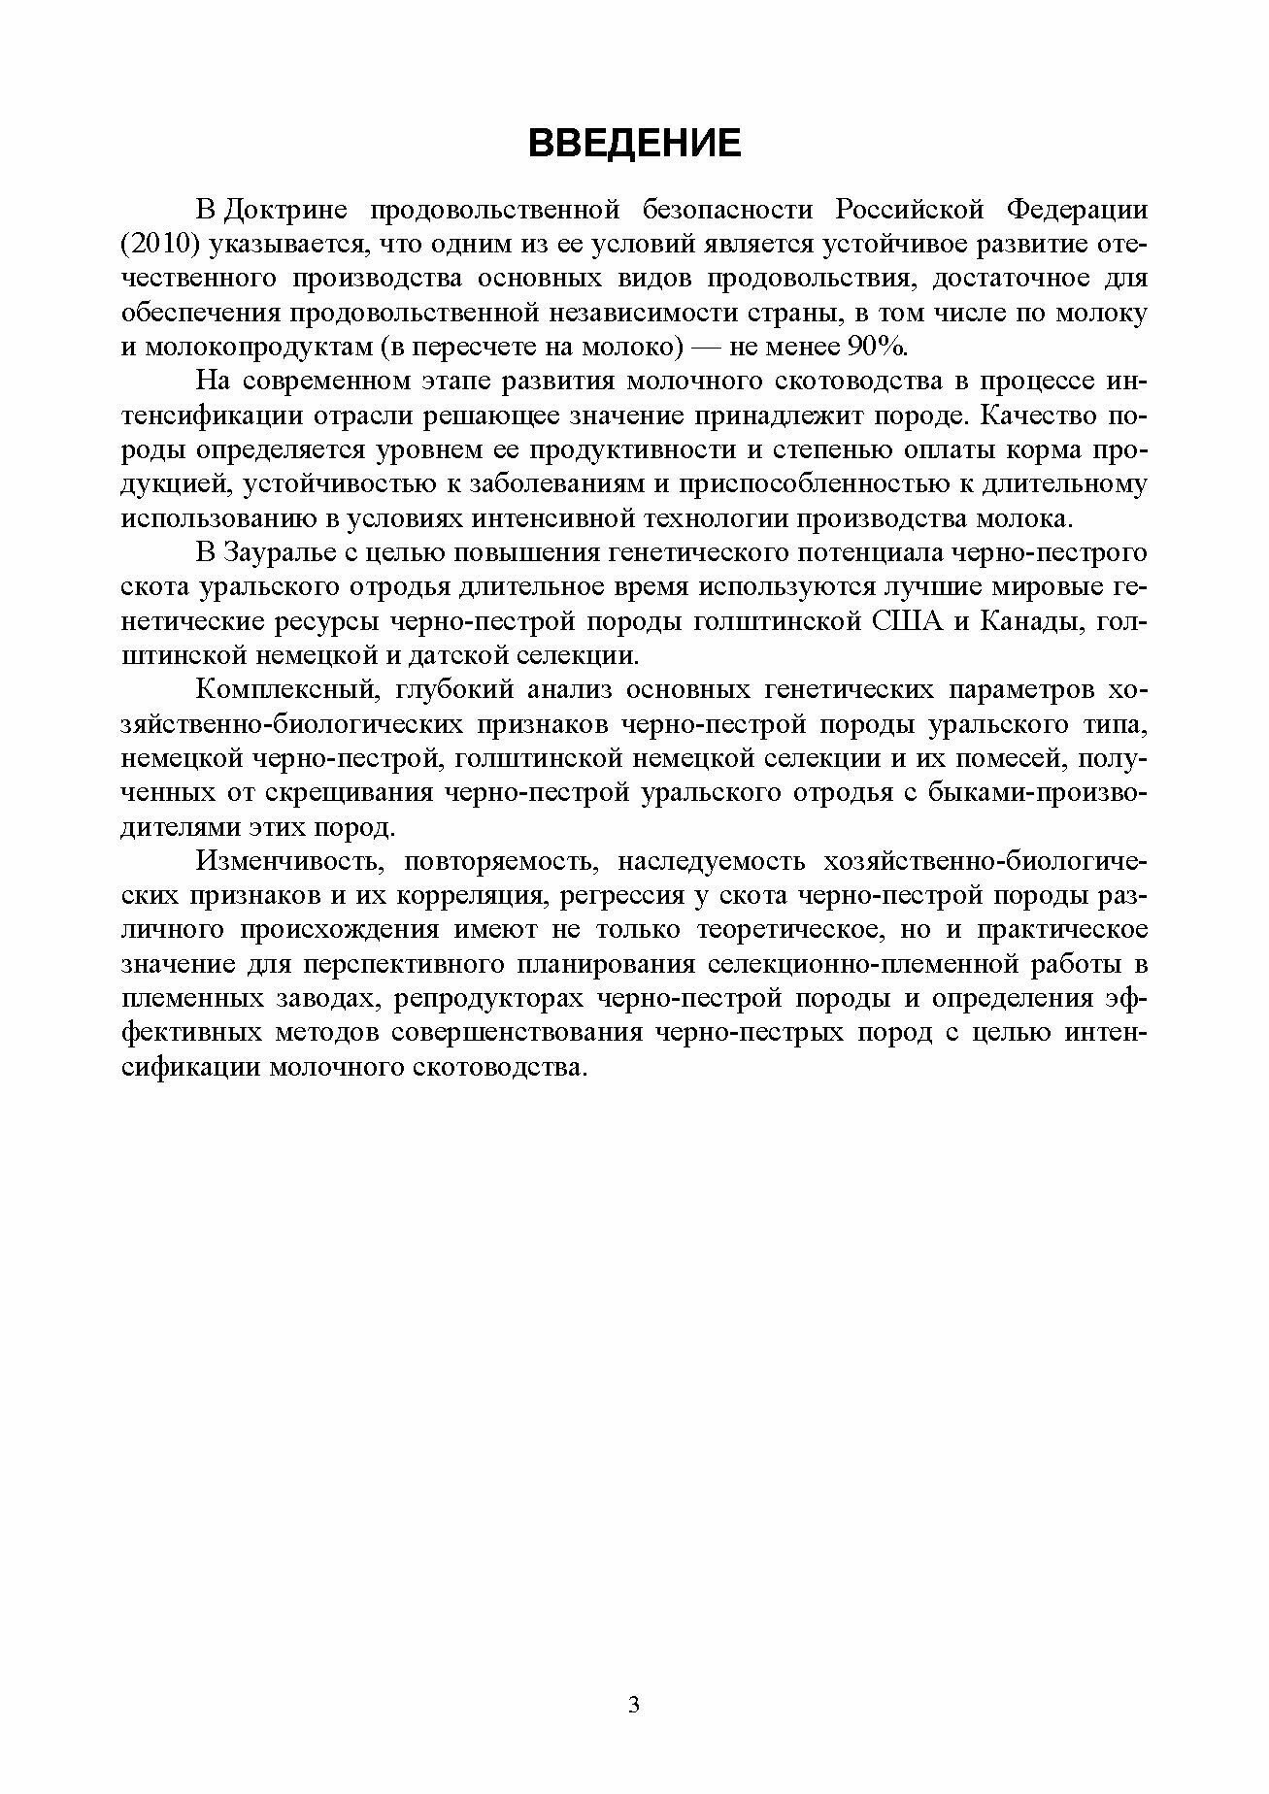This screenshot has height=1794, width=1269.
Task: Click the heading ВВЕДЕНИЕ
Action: pos(634,143)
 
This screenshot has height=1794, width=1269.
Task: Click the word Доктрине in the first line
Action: pos(283,210)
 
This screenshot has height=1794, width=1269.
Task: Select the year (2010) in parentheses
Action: pos(161,244)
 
